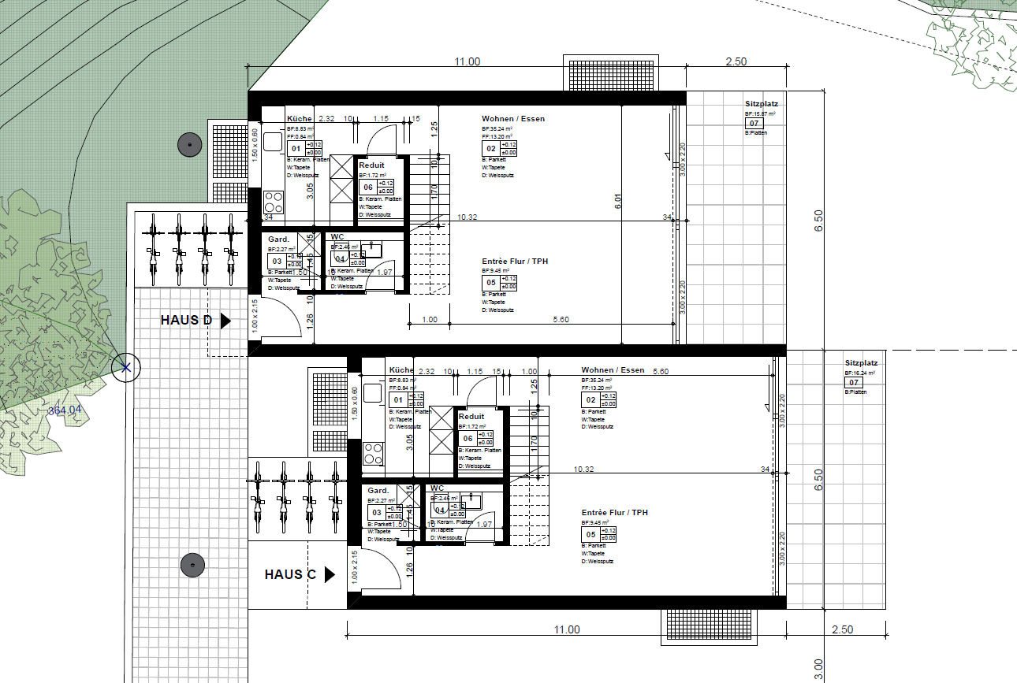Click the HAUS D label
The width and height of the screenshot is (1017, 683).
(186, 320)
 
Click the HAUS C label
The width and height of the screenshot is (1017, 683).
(290, 574)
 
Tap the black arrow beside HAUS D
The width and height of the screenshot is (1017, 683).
(225, 321)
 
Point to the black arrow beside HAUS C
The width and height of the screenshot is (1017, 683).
(330, 575)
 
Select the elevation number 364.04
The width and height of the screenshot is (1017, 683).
(65, 410)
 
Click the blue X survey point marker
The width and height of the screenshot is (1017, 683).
(125, 366)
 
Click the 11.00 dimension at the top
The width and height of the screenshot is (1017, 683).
(467, 62)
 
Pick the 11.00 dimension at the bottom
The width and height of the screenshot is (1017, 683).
(566, 629)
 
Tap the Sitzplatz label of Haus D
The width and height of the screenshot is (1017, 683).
(762, 104)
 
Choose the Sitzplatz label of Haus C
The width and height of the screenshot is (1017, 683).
(861, 363)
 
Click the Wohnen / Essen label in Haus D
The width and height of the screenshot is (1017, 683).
(513, 119)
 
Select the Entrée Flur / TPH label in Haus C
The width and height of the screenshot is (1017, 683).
(615, 512)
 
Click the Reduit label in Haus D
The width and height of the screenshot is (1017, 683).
(371, 165)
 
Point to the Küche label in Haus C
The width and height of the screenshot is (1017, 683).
(401, 369)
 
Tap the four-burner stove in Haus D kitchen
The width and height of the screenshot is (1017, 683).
(273, 198)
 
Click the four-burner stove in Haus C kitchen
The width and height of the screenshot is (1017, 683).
(373, 453)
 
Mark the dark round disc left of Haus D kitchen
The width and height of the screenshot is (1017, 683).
(189, 145)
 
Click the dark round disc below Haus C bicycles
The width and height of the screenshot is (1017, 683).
(192, 565)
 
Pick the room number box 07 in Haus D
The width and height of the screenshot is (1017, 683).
(754, 124)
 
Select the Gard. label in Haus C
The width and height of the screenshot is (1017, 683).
(378, 490)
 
